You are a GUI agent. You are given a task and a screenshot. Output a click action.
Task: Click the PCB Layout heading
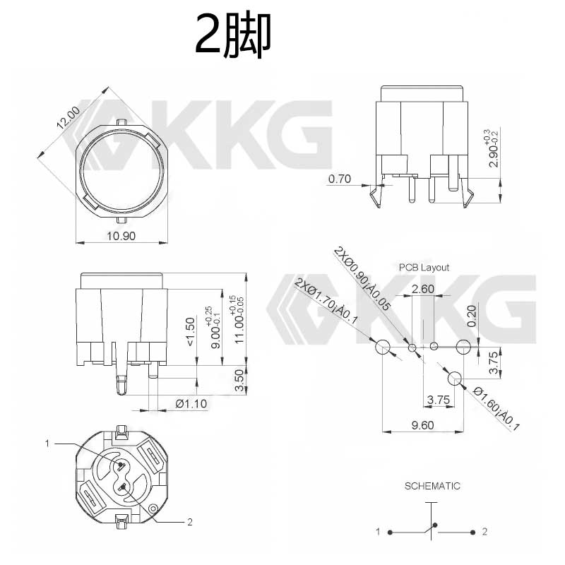pyautogui.click(x=423, y=268)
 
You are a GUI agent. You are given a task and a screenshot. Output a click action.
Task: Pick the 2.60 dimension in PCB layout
pyautogui.click(x=422, y=289)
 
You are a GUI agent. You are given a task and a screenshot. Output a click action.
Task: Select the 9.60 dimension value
pyautogui.click(x=422, y=425)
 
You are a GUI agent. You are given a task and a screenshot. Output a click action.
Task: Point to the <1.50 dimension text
pyautogui.click(x=189, y=331)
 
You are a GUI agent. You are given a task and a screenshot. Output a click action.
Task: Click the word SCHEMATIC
pyautogui.click(x=432, y=486)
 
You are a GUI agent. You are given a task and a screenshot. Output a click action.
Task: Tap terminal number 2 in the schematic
pyautogui.click(x=484, y=531)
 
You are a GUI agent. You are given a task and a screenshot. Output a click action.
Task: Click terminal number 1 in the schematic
pyautogui.click(x=379, y=531)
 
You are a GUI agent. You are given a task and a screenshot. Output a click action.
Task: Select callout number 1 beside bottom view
pyautogui.click(x=47, y=444)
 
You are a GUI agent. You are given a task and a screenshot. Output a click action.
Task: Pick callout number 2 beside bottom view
pyautogui.click(x=189, y=523)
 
